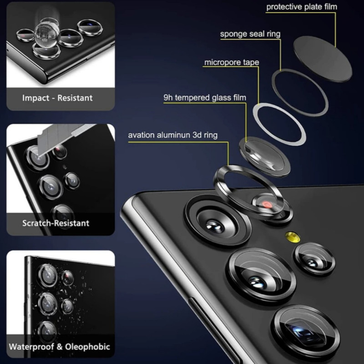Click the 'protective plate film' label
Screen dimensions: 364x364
tap(302, 7)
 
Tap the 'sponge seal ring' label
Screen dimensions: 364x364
tap(250, 34)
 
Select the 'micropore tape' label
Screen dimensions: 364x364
tap(232, 62)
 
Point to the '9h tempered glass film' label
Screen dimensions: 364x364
tap(205, 97)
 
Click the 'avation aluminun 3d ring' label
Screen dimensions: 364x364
tap(173, 135)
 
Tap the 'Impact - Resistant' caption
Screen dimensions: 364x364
tap(57, 98)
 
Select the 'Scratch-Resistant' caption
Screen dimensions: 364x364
tap(56, 223)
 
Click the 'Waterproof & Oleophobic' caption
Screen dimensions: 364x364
tap(60, 347)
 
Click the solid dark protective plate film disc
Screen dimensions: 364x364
tap(323, 59)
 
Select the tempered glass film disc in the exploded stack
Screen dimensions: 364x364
tap(265, 156)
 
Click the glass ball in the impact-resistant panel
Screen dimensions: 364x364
tap(47, 35)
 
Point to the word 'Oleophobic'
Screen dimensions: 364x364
tap(87, 347)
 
